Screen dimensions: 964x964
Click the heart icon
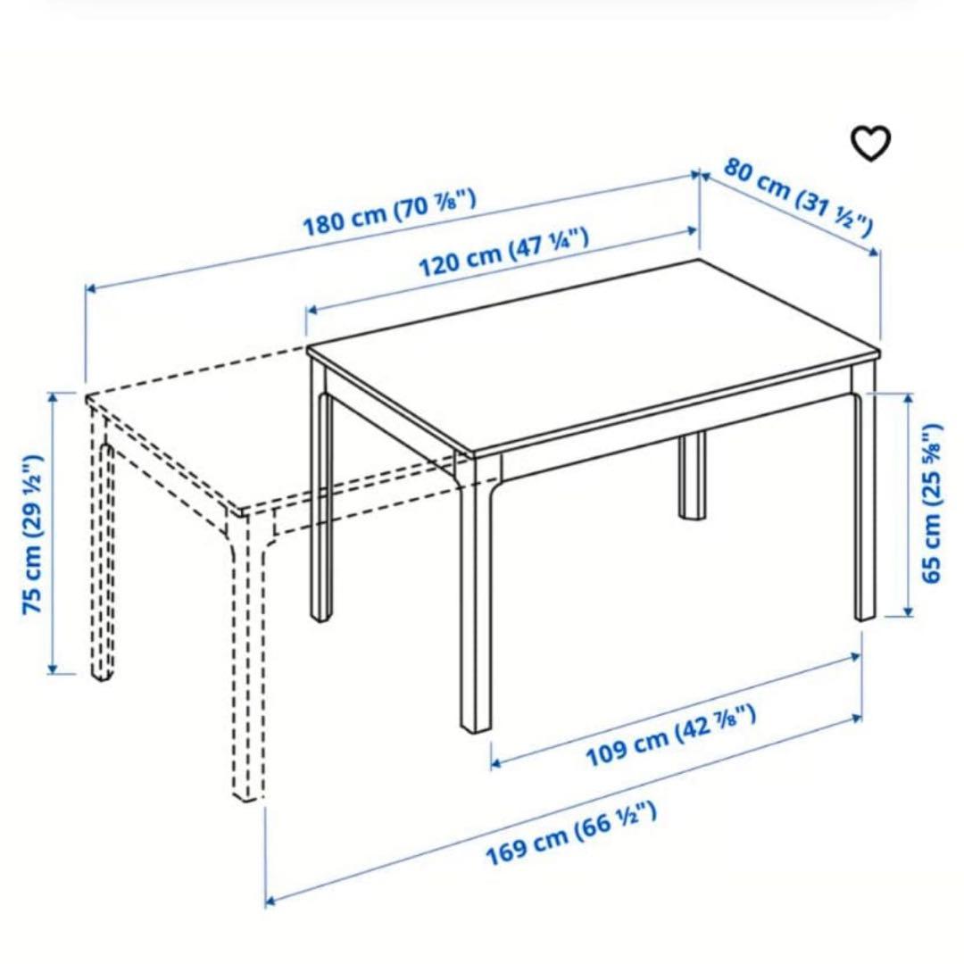[x=869, y=143]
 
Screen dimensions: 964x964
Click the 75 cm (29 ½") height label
[x=32, y=534]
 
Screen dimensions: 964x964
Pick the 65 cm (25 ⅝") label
[x=933, y=503]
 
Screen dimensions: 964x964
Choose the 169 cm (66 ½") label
[x=571, y=834]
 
